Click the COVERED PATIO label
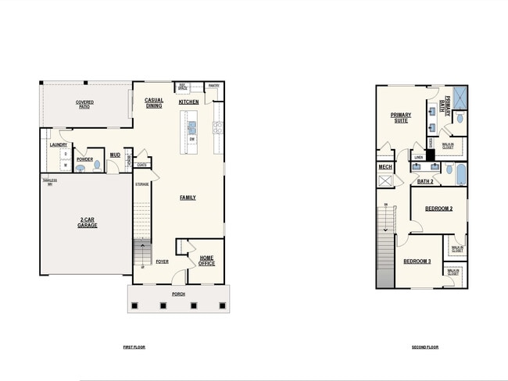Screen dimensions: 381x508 pos(84,104)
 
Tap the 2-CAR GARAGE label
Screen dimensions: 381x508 pos(87,223)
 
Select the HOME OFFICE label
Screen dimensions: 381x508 pos(207,261)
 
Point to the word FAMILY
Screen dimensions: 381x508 pos(188,198)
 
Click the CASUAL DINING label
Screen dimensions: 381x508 pos(154,103)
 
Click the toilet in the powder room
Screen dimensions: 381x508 pos(97,166)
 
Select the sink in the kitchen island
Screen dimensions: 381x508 pos(192,124)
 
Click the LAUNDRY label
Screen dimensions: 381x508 pos(58,144)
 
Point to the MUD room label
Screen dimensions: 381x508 pos(115,155)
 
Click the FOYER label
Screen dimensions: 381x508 pos(162,262)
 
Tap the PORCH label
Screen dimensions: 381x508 pos(179,295)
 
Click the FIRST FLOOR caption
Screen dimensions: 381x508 pos(134,347)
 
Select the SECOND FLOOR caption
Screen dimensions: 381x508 pos(424,347)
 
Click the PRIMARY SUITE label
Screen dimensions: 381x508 pos(401,118)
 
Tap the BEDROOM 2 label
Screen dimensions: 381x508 pos(439,208)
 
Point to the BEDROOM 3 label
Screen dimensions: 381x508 pos(417,261)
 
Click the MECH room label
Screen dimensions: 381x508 pos(385,166)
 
